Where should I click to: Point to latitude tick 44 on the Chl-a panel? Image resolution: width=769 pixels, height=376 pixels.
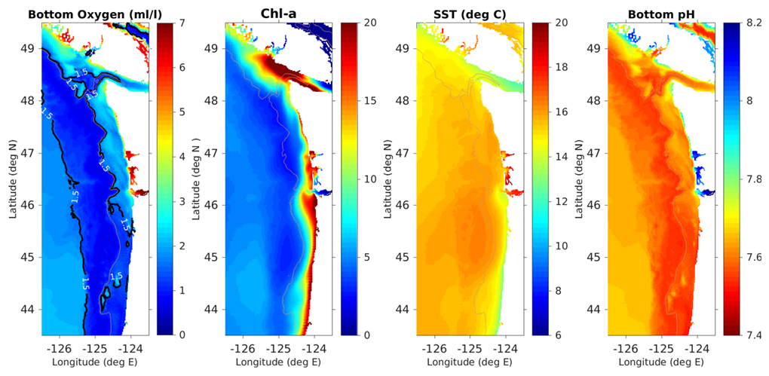click(216, 309)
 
